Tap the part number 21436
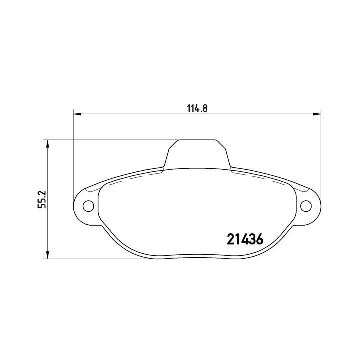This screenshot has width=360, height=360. point(245,239)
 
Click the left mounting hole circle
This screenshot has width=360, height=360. point(88,205)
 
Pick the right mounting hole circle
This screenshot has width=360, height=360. point(306,205)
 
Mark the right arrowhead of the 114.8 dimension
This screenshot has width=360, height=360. point(317,114)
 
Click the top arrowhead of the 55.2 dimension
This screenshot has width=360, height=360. point(48,143)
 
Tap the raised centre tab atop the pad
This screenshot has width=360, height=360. point(198,154)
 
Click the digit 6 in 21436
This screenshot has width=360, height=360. point(259,239)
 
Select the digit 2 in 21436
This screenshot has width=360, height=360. point(231,239)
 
